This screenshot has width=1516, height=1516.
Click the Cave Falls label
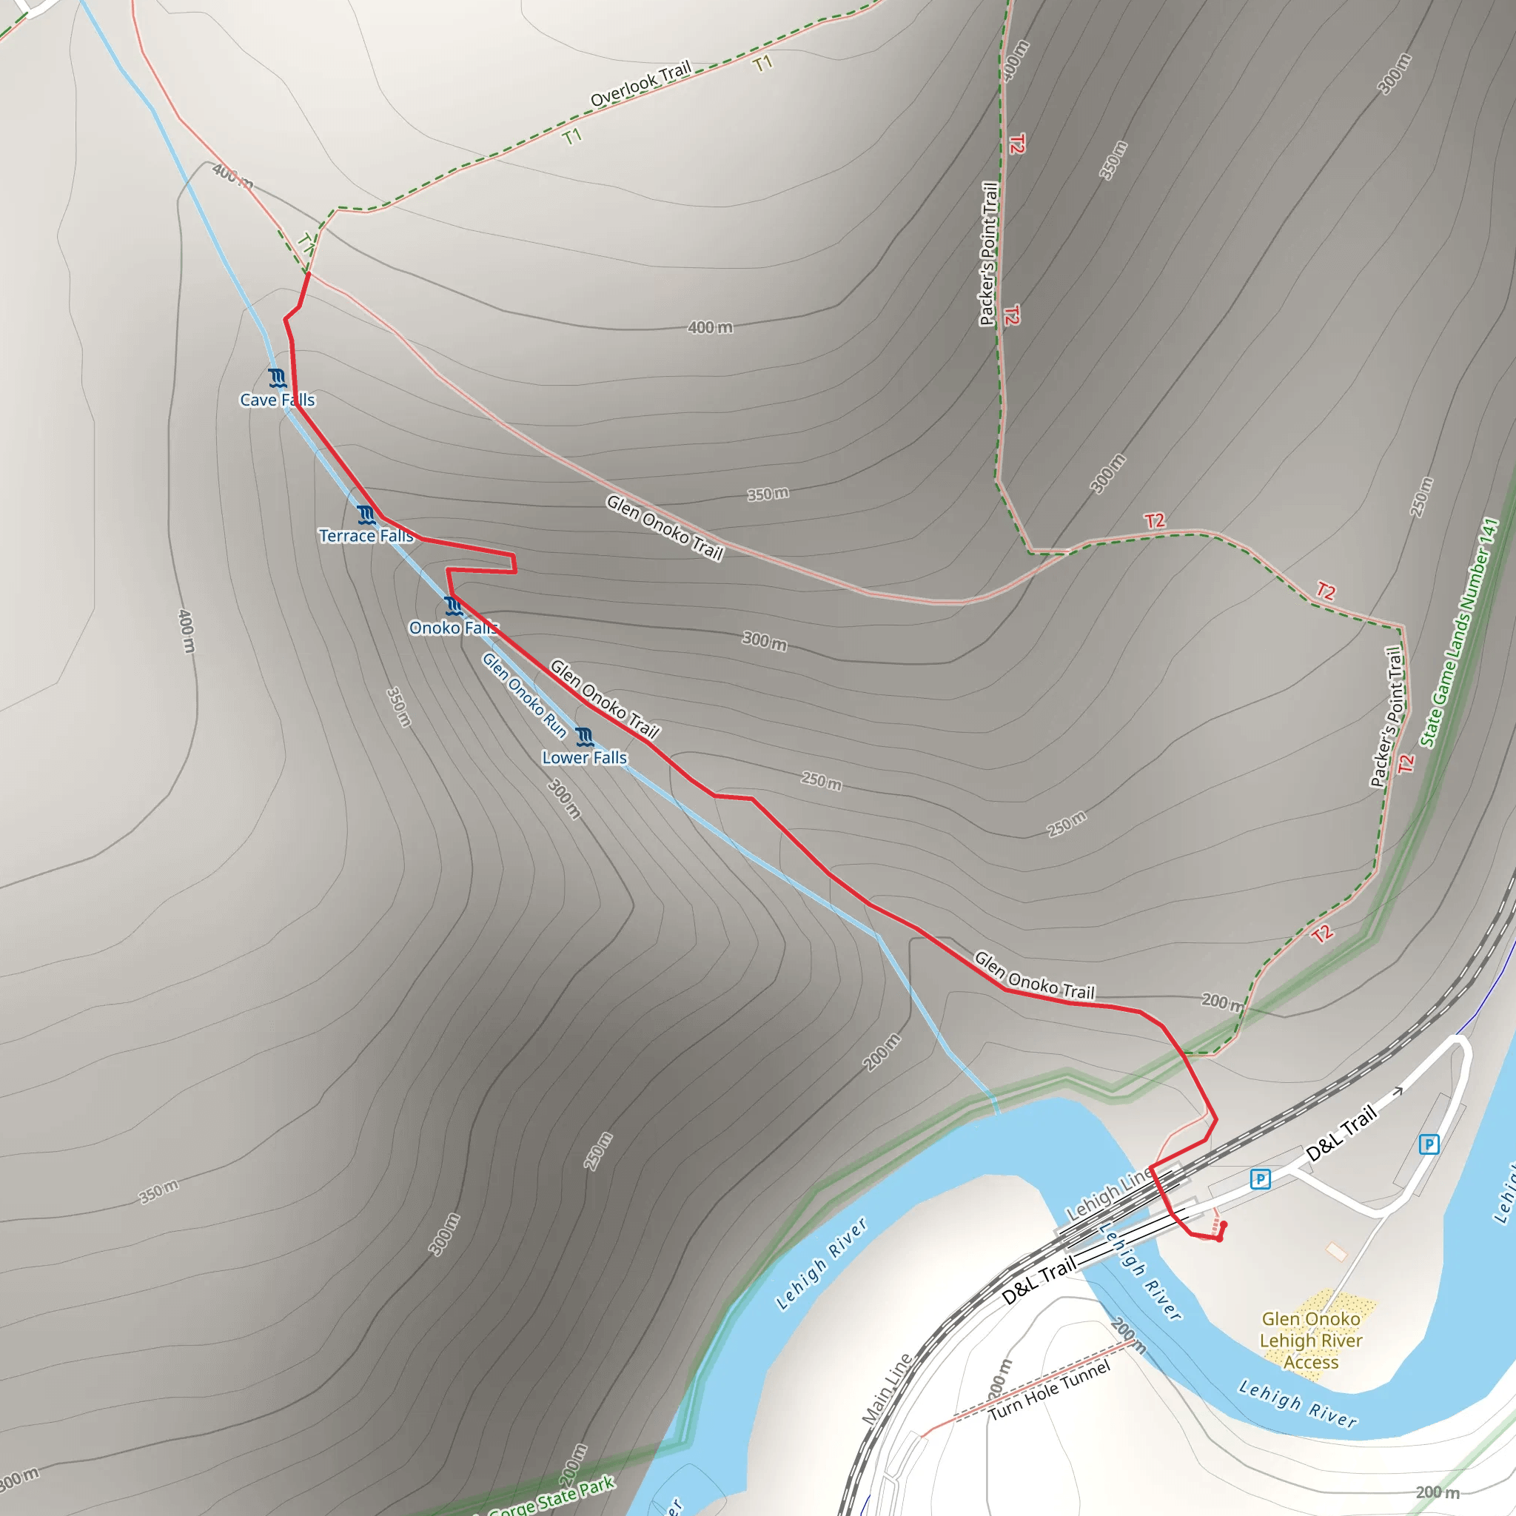[277, 400]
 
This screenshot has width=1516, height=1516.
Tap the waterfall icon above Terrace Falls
[366, 514]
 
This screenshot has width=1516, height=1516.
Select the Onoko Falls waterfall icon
[453, 606]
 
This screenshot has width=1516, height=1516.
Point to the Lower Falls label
[585, 758]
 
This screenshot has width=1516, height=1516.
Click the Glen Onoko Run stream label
[523, 696]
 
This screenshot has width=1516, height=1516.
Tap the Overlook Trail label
[640, 83]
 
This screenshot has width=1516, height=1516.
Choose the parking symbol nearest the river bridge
[1260, 1179]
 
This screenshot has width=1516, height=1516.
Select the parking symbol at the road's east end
[1429, 1144]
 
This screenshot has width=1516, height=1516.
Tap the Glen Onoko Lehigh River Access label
[1310, 1341]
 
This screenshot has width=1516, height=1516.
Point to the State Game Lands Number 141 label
[1460, 632]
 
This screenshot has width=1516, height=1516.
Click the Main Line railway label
[887, 1389]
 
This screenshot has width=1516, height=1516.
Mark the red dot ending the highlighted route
[1224, 1225]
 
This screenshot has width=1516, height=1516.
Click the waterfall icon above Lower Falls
[584, 737]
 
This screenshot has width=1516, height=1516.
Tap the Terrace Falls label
[366, 536]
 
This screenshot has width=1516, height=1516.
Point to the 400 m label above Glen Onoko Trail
[710, 327]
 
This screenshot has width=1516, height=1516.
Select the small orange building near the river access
[1335, 1251]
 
